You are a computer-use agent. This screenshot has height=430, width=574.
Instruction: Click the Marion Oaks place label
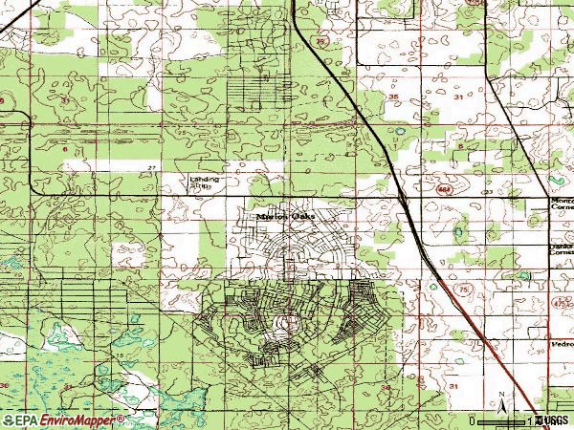click(x=283, y=216)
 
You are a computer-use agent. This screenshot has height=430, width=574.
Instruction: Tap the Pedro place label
click(x=562, y=343)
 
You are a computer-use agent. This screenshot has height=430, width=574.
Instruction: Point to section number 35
click(x=393, y=97)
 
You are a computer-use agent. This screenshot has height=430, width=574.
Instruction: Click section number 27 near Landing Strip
click(x=151, y=168)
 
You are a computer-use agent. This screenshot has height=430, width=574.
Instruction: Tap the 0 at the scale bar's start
click(x=473, y=420)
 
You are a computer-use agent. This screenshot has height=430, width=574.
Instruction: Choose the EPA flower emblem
click(x=9, y=419)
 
